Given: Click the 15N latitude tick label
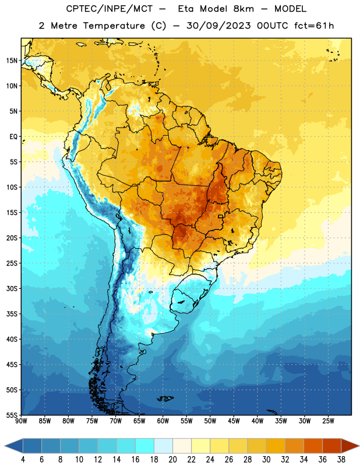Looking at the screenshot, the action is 12,61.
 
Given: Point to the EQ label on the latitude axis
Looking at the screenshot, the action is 13,137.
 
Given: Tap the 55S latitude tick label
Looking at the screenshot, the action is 12,415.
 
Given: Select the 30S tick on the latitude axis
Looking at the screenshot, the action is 12,288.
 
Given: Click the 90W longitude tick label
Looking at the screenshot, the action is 21,421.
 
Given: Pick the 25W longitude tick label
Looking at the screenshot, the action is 328,421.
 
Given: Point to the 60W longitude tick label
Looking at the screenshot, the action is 163,421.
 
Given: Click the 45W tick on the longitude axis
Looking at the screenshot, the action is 234,421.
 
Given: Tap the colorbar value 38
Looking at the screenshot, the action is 341,460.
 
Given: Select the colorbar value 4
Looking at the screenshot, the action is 23,460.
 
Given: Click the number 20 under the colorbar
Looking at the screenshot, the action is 172,460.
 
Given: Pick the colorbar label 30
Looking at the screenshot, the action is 266,460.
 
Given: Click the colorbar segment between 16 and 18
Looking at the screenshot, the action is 144,446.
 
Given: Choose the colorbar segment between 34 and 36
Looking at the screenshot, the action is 313,446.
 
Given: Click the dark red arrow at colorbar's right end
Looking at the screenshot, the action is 350,446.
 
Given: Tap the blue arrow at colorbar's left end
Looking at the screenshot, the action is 14,446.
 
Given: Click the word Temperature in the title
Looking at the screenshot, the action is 114,26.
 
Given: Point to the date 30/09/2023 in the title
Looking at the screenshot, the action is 218,26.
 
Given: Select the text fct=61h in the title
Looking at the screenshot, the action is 314,26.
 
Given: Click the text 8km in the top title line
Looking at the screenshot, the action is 243,9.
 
